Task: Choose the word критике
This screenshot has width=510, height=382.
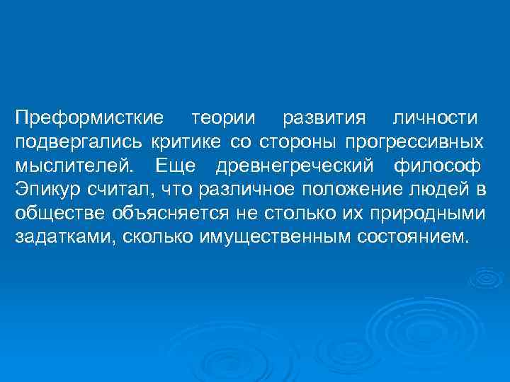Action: coord(187,141)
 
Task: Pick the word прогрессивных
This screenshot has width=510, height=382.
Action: coord(414,141)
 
